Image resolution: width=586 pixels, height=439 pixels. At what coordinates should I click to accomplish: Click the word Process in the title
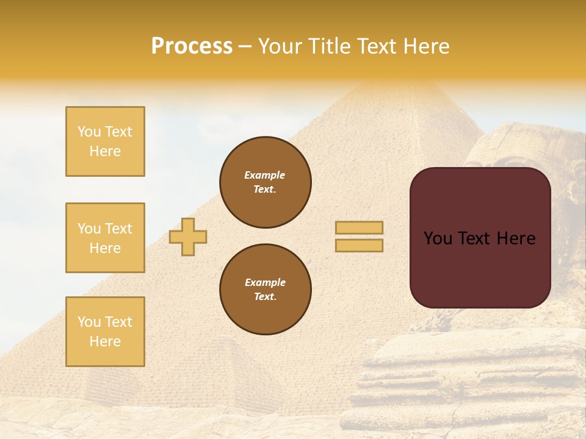192,46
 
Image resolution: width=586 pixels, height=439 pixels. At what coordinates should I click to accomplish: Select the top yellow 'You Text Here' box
105,141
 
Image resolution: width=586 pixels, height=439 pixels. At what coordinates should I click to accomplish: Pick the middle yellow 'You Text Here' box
105,238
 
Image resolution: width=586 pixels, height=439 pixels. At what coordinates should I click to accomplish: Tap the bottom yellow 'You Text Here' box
105,332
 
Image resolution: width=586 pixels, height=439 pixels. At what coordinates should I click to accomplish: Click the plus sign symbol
188,237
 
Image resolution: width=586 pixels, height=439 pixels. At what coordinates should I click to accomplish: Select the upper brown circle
266,182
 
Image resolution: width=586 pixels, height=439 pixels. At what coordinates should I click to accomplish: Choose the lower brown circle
266,290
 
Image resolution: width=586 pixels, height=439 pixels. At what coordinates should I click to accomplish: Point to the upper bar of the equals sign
359,227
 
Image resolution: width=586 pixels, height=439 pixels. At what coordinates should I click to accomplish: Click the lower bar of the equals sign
359,245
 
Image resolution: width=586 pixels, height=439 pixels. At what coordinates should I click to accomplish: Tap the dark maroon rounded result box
480,268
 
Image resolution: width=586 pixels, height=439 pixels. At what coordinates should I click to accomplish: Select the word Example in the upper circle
264,175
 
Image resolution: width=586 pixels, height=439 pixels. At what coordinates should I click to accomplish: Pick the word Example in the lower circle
265,282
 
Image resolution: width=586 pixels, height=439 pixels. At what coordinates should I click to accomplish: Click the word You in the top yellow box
89,132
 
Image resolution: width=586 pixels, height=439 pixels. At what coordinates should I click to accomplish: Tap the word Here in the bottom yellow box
105,341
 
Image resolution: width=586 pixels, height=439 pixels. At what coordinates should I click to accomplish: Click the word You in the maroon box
438,238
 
